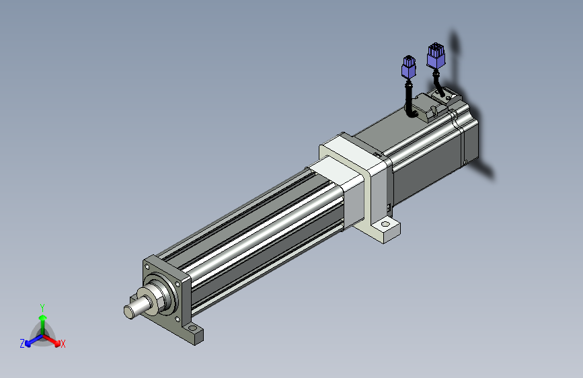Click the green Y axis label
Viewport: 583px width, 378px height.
(42, 308)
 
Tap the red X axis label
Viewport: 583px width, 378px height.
(63, 344)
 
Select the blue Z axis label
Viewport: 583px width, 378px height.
(22, 344)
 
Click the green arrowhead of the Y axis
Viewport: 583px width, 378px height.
(43, 317)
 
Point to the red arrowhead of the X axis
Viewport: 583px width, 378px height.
(56, 342)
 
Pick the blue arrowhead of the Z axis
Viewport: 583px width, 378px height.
(28, 344)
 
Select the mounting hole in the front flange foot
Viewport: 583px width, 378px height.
(192, 328)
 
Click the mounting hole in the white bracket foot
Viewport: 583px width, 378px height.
(385, 225)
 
